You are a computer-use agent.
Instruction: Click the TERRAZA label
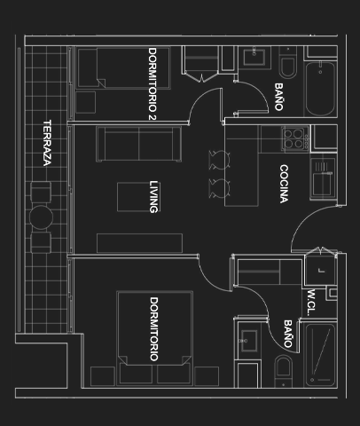pos(47,143)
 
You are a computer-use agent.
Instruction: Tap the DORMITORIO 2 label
pos(152,83)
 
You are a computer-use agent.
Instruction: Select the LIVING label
pos(153,197)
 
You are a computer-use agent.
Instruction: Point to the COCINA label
pos(284,184)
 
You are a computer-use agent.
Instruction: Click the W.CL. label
pos(311,303)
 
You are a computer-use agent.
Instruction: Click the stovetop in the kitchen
pos(295,139)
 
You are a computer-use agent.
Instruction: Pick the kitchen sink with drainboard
pos(323,178)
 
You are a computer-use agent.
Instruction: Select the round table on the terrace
pos(41,217)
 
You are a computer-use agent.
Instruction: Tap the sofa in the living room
pos(138,144)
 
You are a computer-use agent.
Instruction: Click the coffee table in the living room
pos(134,197)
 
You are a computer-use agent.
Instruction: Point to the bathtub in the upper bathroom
pos(320,89)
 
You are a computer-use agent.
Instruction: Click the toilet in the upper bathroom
pos(287,63)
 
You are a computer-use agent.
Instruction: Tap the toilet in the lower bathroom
pos(284,372)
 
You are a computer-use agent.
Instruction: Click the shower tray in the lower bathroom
pos(321,355)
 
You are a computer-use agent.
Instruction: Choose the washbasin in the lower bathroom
pos(248,341)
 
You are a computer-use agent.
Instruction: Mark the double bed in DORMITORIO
pos(155,338)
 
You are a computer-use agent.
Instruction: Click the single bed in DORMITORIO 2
pos(123,68)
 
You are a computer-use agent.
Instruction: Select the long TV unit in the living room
pos(139,243)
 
